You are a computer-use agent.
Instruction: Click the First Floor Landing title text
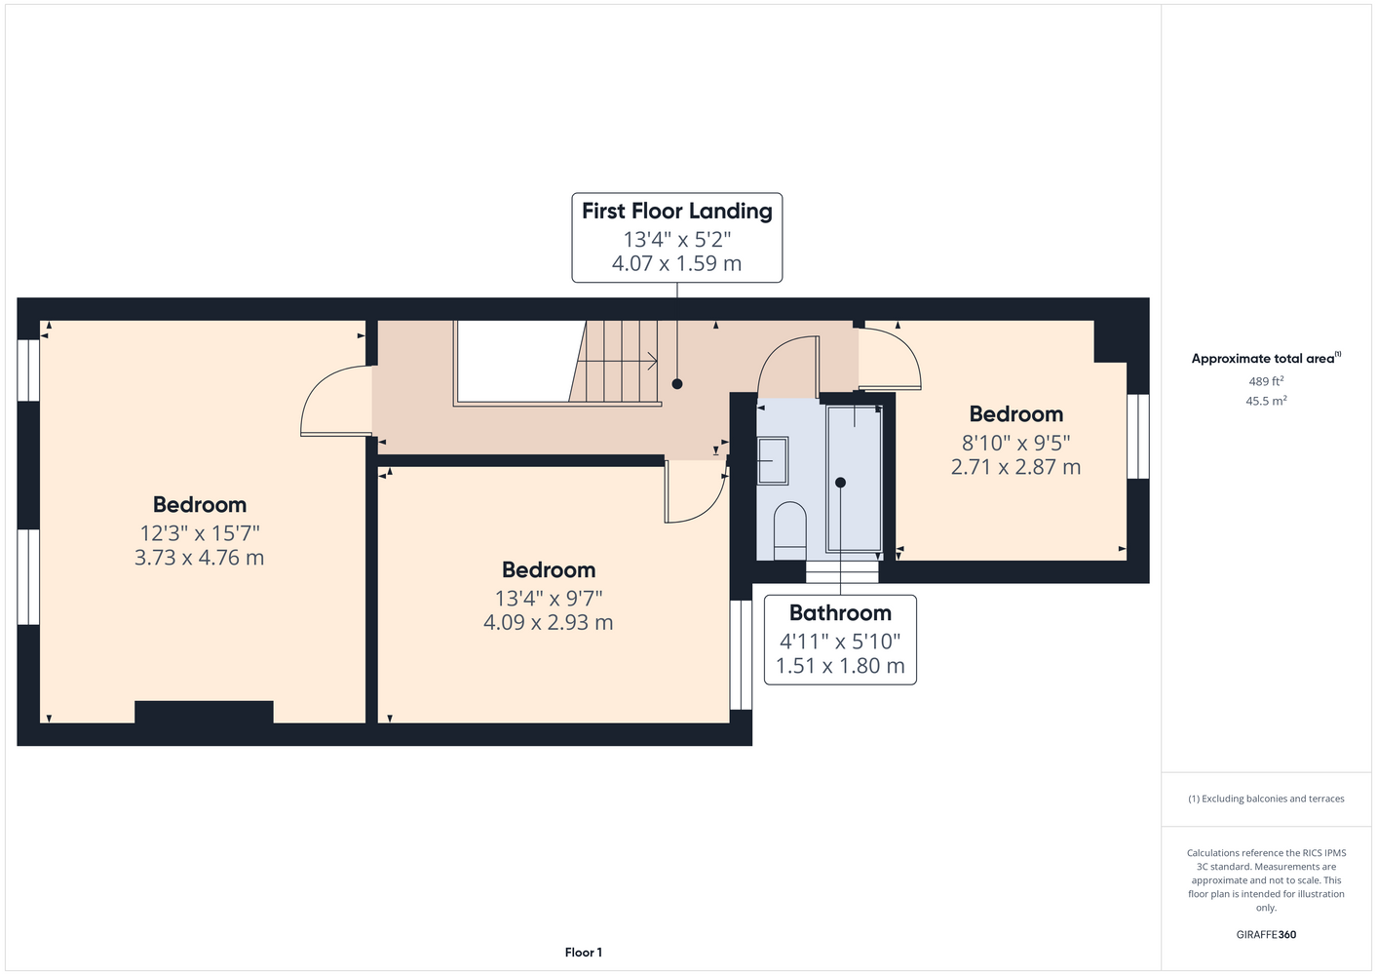677,211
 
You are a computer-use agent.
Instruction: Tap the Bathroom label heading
840,612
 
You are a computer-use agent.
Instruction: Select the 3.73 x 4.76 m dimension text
199,558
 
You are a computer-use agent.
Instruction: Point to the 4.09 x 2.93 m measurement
549,622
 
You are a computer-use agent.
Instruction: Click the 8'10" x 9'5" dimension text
1016,443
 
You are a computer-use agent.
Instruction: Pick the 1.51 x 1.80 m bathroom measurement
840,666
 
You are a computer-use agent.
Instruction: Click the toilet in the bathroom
790,530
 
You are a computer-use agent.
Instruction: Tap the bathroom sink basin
773,461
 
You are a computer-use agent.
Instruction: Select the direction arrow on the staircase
617,361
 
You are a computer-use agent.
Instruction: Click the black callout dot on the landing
677,384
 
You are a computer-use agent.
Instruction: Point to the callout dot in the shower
840,483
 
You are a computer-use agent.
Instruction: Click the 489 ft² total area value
1266,381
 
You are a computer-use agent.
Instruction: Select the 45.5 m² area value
1266,401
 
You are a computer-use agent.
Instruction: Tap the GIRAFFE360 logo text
1266,934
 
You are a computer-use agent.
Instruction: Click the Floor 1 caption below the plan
584,953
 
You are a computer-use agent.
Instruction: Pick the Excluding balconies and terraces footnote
1266,799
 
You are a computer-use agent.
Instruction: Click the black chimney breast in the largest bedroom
204,712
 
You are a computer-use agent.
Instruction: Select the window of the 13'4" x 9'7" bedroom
741,655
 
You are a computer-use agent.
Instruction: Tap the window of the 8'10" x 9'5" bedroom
1138,436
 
